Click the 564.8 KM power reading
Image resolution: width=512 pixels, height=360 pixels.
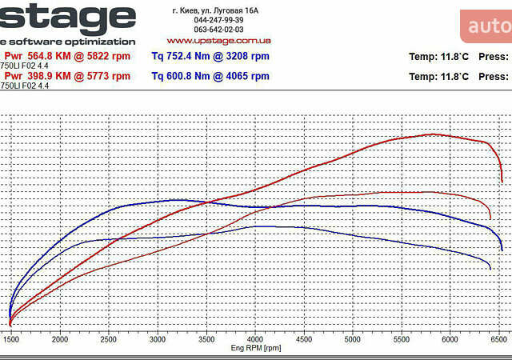(x=67, y=56)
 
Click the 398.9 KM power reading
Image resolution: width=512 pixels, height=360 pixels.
(x=67, y=76)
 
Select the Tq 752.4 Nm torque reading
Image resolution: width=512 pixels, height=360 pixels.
(x=210, y=57)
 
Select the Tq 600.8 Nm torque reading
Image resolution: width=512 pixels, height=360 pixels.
(x=210, y=76)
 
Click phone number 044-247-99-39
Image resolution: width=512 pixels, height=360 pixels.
(x=218, y=20)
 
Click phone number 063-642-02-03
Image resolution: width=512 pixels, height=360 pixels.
(x=218, y=30)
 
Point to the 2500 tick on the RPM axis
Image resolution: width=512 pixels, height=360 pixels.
(x=108, y=339)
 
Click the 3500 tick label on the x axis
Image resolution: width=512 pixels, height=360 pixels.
(x=206, y=339)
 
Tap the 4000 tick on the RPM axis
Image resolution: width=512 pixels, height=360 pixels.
(x=254, y=339)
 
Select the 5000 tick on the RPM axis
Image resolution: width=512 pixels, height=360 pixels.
(x=352, y=339)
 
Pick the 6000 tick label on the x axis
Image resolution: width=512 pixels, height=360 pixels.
(x=450, y=339)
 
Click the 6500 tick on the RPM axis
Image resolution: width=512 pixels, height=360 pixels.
(x=499, y=339)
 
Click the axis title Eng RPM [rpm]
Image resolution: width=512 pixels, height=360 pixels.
(x=256, y=348)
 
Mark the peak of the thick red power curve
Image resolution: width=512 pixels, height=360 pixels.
(x=434, y=134)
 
